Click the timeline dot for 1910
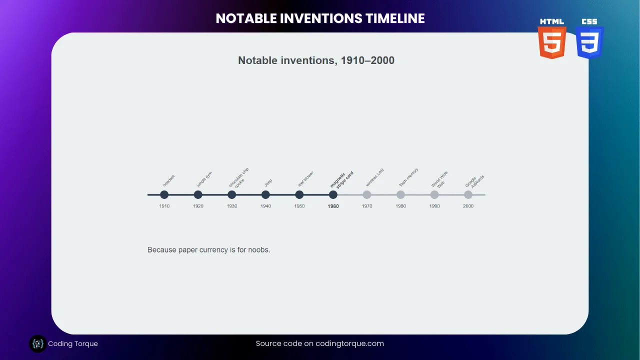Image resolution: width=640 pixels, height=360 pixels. pyautogui.click(x=164, y=194)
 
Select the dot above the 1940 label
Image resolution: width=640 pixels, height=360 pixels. pyautogui.click(x=265, y=194)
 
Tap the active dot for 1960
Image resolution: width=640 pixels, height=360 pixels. pyautogui.click(x=333, y=194)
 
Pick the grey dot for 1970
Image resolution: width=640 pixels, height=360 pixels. pyautogui.click(x=367, y=194)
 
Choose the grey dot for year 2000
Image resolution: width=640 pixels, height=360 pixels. pyautogui.click(x=468, y=194)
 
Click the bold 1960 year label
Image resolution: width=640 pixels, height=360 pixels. pyautogui.click(x=333, y=206)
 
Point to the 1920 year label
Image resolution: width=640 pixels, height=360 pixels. pyautogui.click(x=198, y=206)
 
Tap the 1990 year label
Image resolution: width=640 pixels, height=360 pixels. pyautogui.click(x=434, y=206)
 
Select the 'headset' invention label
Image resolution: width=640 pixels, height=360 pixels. pyautogui.click(x=169, y=180)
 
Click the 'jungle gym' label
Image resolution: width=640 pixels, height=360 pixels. pyautogui.click(x=204, y=179)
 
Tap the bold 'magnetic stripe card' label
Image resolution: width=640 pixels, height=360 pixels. pyautogui.click(x=342, y=179)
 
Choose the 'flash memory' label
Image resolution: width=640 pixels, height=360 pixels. pyautogui.click(x=408, y=177)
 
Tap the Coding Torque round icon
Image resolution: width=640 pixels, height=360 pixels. pyautogui.click(x=37, y=344)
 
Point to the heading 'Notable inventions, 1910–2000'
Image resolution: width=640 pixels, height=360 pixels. pyautogui.click(x=316, y=60)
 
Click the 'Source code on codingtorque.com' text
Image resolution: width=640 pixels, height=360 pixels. pyautogui.click(x=320, y=343)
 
